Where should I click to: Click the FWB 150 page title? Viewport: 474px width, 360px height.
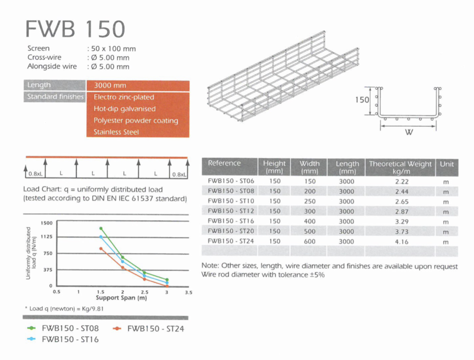[x=75, y=28]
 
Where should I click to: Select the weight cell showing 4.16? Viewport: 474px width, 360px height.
[x=402, y=242]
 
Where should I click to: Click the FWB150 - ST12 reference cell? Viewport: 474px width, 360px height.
[x=230, y=211]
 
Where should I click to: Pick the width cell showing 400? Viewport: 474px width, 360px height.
[x=310, y=222]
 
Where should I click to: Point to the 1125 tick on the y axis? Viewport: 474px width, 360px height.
[x=47, y=237]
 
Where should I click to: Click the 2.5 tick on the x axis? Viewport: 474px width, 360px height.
[x=145, y=292]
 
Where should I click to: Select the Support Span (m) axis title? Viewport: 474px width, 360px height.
[x=121, y=298]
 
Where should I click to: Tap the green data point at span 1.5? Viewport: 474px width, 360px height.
[x=101, y=228]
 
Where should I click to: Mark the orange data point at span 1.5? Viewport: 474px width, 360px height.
[x=101, y=248]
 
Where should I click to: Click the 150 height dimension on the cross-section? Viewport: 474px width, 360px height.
[x=362, y=100]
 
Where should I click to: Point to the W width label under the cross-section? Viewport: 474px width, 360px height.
[x=409, y=132]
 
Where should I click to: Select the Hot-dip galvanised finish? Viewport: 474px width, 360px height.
[x=125, y=109]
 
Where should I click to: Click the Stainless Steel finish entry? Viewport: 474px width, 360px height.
[x=116, y=132]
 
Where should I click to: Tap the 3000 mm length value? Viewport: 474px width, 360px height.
[x=110, y=86]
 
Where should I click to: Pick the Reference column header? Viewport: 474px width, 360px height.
[x=224, y=163]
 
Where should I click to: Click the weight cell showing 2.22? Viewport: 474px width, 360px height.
[x=402, y=182]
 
